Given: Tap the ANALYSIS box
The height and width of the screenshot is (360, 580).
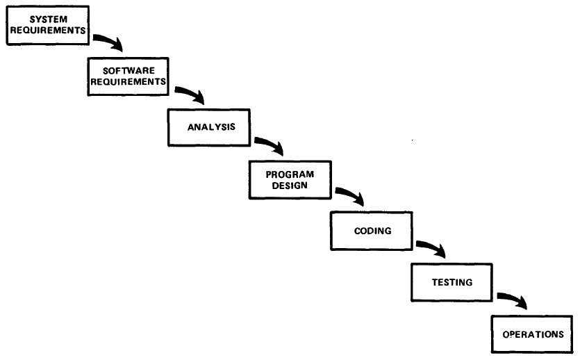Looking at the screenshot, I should [210, 127].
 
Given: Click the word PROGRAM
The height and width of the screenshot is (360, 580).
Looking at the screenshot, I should [290, 174].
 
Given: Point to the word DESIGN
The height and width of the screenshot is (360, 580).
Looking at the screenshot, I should [290, 186].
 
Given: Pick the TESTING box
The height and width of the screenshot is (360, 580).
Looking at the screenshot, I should [451, 282].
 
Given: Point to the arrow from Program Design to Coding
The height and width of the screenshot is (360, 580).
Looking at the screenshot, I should [349, 196].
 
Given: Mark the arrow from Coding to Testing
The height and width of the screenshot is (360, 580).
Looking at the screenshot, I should [430, 248].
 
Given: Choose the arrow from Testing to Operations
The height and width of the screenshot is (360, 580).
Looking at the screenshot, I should [511, 300].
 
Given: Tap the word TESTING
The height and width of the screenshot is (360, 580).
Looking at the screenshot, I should [451, 282].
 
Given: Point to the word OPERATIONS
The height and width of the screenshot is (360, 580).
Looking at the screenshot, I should [533, 334].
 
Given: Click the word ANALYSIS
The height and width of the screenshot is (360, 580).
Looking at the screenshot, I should [210, 127].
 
